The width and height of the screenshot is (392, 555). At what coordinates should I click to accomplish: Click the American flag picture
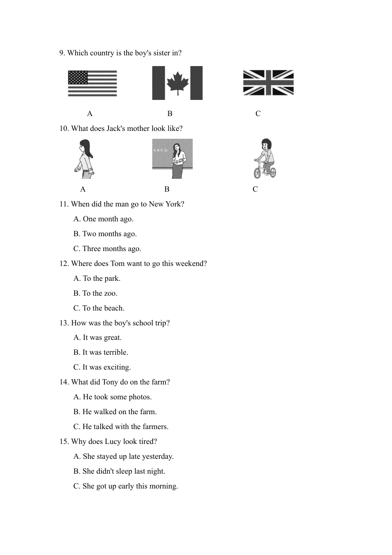coord(92,83)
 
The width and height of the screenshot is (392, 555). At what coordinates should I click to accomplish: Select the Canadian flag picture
coord(177,83)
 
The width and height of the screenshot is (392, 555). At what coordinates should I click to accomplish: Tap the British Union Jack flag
coord(268,83)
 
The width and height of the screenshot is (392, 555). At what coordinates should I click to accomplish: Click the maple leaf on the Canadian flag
coord(177,82)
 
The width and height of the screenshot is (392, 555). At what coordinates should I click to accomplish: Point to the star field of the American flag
coord(78,77)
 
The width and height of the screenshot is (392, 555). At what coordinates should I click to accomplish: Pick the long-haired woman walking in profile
coord(85,159)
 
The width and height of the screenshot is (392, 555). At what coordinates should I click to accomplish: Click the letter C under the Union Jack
coord(258,114)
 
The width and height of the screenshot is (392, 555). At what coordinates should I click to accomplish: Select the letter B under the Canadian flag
coord(170,114)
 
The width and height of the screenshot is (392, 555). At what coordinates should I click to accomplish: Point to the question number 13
coord(64,323)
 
